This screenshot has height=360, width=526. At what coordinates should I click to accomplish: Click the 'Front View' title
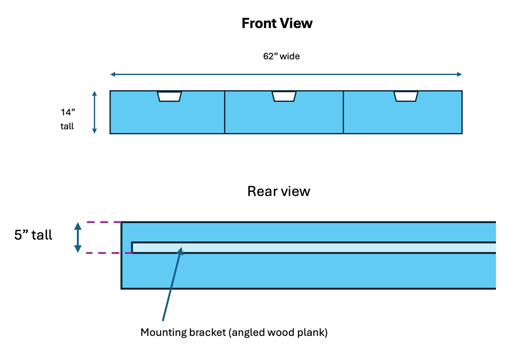[277, 24]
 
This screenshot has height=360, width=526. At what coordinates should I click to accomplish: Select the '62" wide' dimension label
[281, 57]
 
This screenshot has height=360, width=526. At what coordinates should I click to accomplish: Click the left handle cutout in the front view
[169, 96]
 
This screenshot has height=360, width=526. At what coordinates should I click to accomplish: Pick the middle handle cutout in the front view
[284, 96]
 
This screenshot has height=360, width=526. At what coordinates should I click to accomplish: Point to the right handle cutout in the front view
[406, 96]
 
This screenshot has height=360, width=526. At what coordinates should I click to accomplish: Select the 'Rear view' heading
[279, 191]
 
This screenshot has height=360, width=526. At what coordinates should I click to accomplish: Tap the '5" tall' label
[33, 235]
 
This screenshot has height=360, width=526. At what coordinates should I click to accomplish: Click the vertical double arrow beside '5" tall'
[78, 237]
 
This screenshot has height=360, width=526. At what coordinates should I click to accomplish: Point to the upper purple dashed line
[104, 222]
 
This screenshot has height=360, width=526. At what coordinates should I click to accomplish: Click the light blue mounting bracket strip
[313, 248]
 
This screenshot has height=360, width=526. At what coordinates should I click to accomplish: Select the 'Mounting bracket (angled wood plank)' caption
[234, 333]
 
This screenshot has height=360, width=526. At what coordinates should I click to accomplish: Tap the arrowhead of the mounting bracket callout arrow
[181, 250]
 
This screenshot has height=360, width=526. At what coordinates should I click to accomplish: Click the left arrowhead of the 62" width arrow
[113, 74]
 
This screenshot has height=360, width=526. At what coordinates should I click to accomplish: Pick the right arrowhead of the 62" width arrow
[459, 74]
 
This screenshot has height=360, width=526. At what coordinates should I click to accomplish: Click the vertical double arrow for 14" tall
[95, 112]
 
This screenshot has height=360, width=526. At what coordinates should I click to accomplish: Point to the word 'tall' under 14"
[67, 126]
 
